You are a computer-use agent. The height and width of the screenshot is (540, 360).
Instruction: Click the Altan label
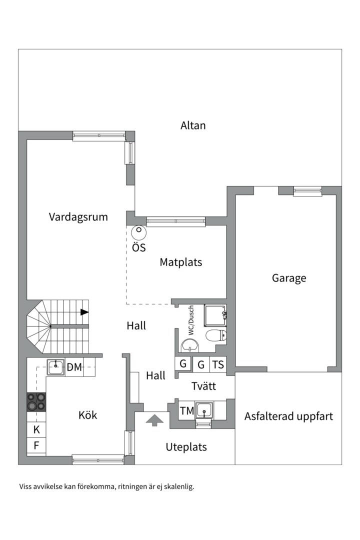tap(193, 125)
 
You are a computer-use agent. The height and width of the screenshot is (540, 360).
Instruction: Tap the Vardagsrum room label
tap(78, 217)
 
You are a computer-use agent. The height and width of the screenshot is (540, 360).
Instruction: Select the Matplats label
tap(181, 262)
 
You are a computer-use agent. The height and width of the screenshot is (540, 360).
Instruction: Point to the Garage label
tap(289, 278)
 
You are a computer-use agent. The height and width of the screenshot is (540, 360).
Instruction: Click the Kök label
tap(87, 415)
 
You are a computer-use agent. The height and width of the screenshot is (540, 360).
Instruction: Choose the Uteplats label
tap(186, 447)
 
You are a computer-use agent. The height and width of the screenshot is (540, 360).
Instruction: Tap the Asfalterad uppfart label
tap(288, 416)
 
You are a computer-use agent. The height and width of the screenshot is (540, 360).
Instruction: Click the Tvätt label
tap(203, 386)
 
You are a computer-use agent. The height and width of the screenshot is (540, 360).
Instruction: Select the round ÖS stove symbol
tap(138, 232)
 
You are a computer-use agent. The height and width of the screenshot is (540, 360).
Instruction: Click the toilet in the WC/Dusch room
tap(216, 335)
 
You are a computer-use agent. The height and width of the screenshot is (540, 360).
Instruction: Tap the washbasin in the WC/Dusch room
tap(189, 344)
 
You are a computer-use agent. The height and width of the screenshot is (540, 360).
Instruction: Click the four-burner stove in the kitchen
tap(36, 401)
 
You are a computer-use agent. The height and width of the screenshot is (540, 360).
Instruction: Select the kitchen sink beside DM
tap(55, 367)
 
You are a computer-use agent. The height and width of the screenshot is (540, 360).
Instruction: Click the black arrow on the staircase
tap(84, 312)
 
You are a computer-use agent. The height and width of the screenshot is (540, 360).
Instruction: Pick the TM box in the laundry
tap(187, 411)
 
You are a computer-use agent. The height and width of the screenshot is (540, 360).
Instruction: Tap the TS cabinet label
tap(218, 364)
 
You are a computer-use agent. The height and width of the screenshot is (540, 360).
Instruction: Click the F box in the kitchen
tap(36, 445)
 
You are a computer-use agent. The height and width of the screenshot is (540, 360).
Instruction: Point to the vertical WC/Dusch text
tap(190, 320)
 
